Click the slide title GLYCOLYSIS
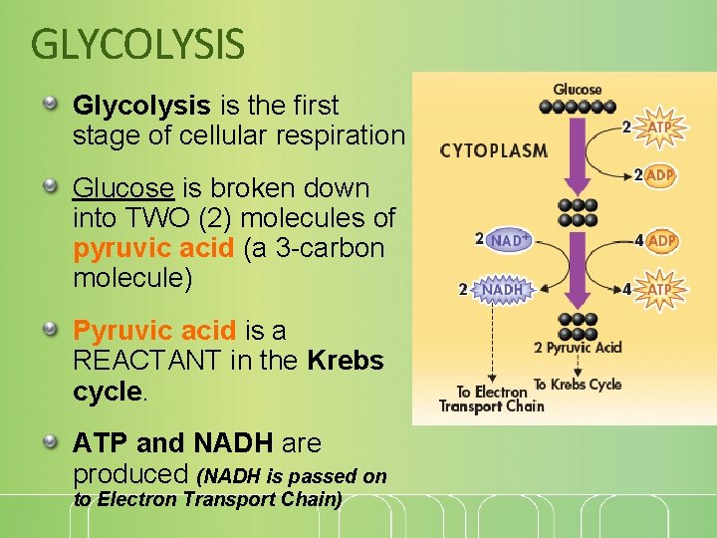click(137, 44)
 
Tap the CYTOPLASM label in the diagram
click(494, 151)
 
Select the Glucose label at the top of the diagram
click(578, 90)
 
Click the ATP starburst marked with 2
click(659, 128)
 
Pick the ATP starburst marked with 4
click(659, 290)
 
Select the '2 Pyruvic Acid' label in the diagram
click(578, 347)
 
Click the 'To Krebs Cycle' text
click(578, 384)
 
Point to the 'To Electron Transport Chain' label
click(492, 399)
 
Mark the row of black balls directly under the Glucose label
click(578, 105)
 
